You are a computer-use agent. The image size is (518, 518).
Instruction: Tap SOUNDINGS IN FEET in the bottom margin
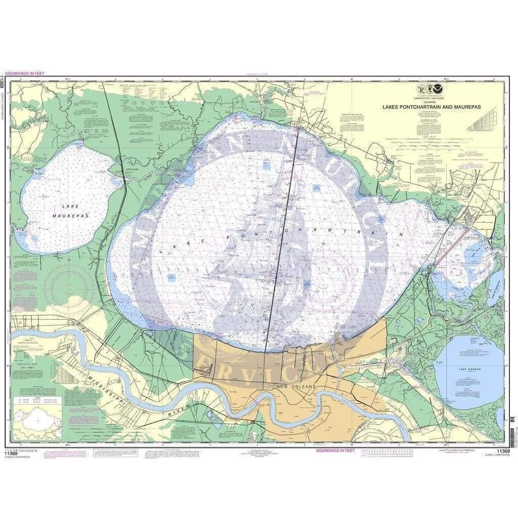(x=335, y=450)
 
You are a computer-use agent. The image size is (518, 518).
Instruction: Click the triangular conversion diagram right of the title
(x=481, y=122)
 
